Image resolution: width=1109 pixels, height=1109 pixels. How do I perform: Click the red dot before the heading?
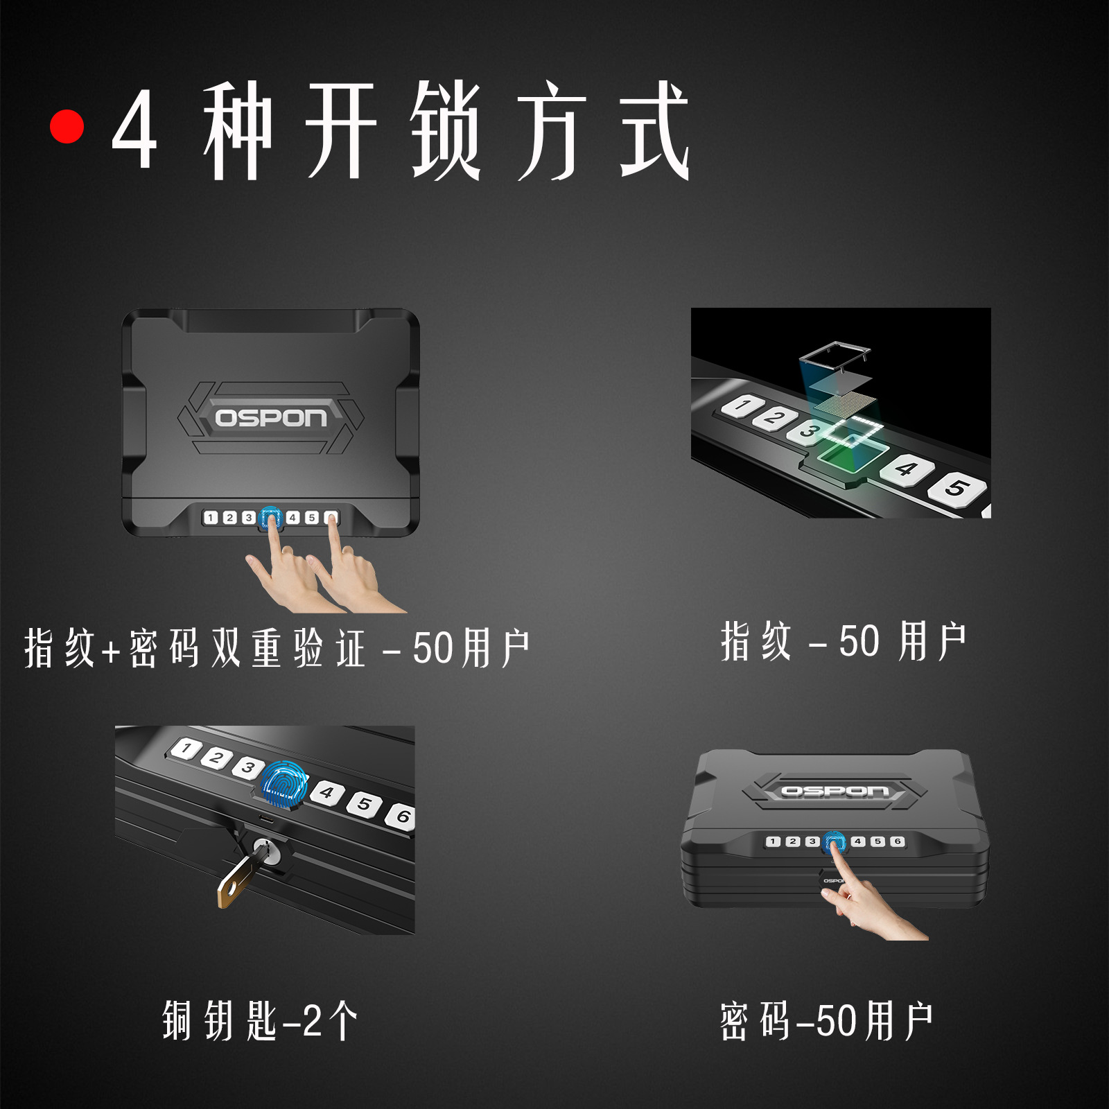(67, 127)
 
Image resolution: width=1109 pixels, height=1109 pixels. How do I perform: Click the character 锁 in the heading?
(446, 130)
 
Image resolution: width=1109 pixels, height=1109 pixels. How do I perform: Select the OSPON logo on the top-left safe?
(270, 418)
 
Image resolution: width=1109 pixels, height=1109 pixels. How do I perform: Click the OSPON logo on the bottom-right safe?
(835, 791)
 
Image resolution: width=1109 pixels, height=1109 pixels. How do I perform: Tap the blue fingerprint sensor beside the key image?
(284, 785)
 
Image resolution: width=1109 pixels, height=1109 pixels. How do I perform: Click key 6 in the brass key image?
(401, 817)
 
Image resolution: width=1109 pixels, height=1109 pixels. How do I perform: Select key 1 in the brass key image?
(186, 749)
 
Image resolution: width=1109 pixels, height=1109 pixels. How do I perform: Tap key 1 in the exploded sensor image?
(742, 405)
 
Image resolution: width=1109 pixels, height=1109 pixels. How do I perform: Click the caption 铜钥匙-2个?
(261, 1021)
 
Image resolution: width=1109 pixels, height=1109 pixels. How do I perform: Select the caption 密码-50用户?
(826, 1021)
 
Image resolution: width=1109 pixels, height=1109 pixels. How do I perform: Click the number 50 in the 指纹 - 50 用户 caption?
(859, 642)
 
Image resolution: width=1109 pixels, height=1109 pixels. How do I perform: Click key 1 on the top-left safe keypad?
(211, 518)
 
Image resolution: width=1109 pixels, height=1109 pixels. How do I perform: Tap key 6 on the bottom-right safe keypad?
(897, 841)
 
